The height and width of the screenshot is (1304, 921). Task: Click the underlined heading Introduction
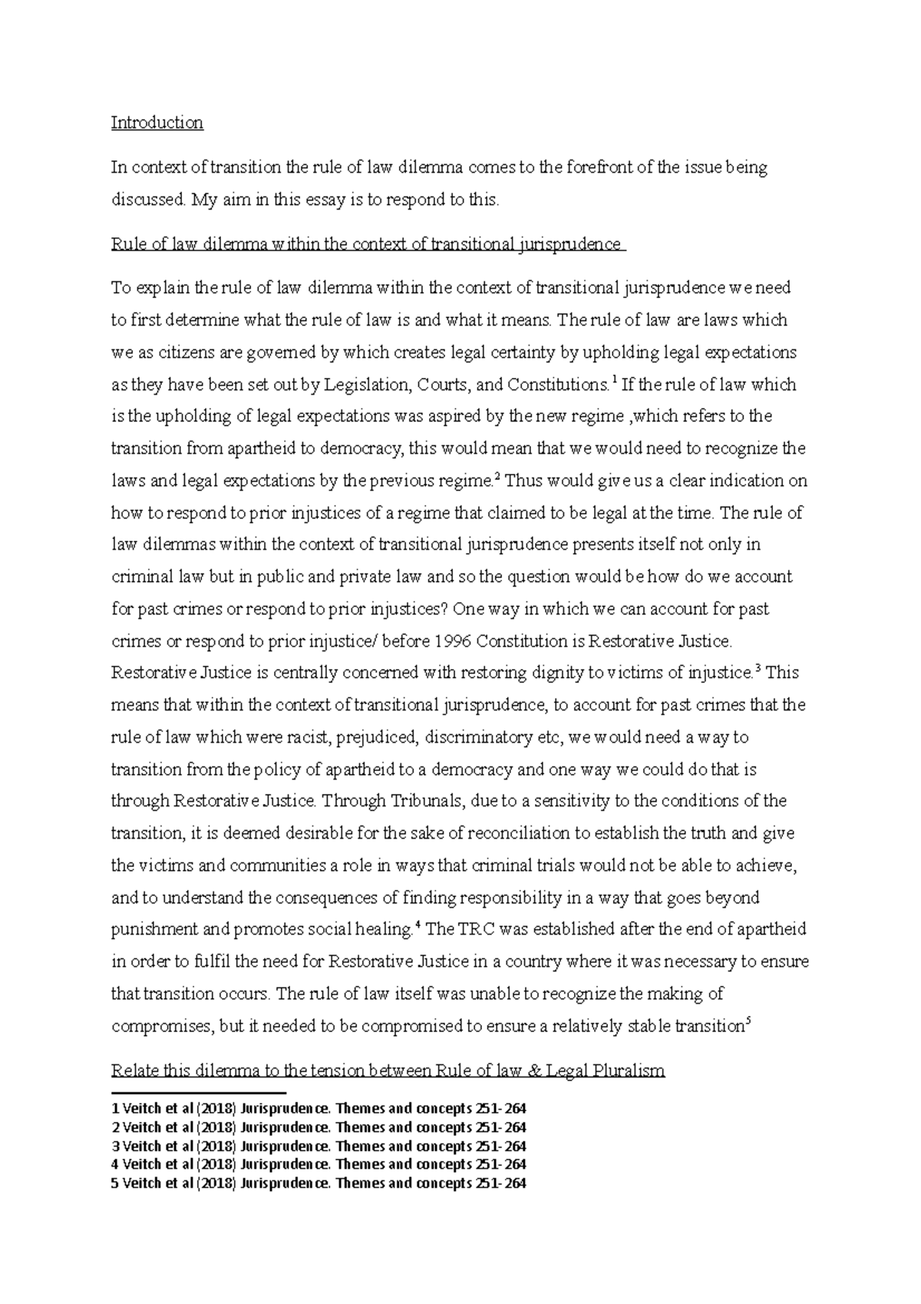pyautogui.click(x=157, y=123)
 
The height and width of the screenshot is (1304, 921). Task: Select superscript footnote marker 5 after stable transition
pyautogui.click(x=748, y=1021)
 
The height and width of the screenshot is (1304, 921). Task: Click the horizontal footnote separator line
pyautogui.click(x=198, y=1092)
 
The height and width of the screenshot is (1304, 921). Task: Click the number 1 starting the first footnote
pyautogui.click(x=115, y=1110)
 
